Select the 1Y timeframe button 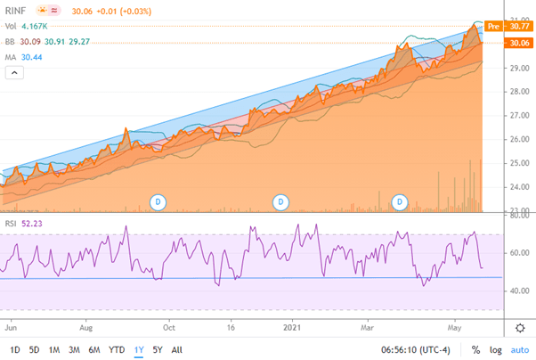137,349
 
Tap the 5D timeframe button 35,349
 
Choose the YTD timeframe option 116,349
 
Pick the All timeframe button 177,349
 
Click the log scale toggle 496,349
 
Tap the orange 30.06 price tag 516,42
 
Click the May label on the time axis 457,327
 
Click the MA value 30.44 33,56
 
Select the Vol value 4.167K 37,28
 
